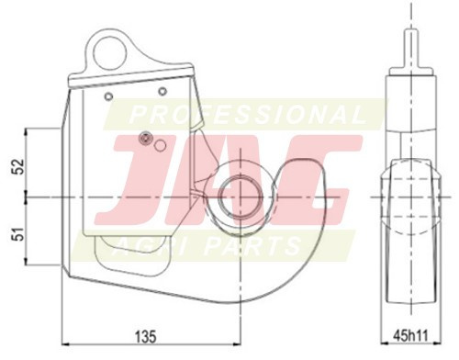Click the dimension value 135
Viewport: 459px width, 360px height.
146,337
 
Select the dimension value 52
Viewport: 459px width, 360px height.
19,166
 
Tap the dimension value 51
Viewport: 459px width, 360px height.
19,234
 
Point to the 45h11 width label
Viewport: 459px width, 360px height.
410,335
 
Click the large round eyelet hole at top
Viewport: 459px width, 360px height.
110,54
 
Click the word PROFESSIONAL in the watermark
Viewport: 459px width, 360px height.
247,115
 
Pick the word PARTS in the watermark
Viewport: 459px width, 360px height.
252,245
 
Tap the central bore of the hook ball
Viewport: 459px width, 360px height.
241,197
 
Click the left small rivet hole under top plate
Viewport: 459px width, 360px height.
108,96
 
